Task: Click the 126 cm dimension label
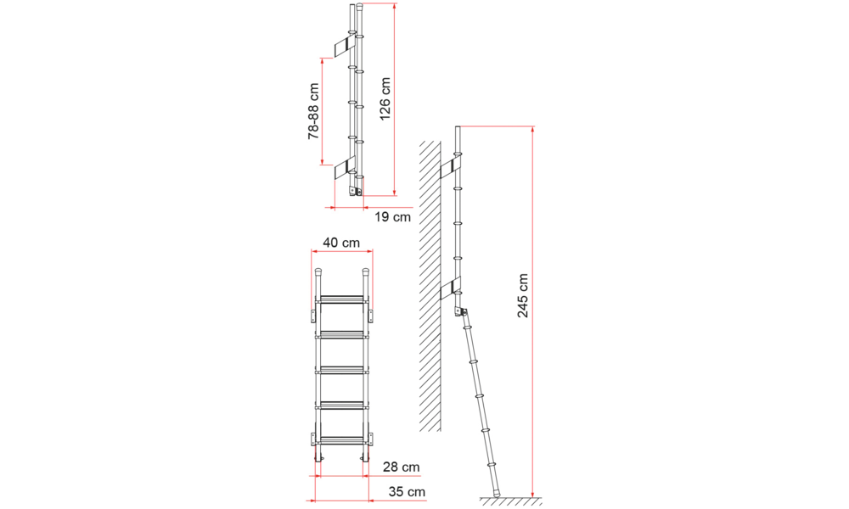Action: click(385, 99)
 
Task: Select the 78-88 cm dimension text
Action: click(313, 111)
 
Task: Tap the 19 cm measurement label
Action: click(393, 217)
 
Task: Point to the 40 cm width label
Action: click(341, 243)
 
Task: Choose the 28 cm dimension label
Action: click(402, 467)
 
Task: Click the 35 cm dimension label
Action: click(407, 492)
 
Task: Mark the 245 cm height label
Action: click(522, 295)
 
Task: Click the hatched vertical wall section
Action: click(430, 286)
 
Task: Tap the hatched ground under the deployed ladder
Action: click(510, 501)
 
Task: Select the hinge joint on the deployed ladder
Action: click(461, 312)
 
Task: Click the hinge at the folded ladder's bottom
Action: click(355, 192)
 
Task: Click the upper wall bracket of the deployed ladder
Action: click(450, 168)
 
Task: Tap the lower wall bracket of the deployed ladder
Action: click(450, 288)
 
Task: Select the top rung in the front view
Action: click(341, 299)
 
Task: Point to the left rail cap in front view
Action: click(318, 271)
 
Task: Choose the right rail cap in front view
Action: click(365, 271)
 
